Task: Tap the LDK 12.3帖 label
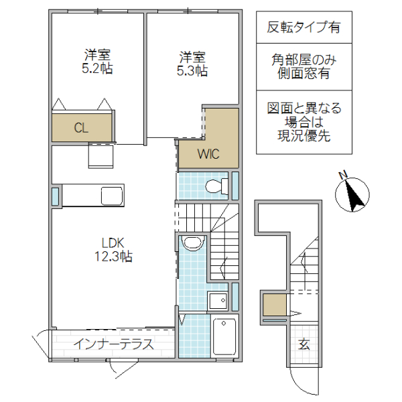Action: point(112,249)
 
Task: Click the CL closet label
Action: point(81,128)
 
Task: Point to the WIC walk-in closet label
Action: point(208,153)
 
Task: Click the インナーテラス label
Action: point(113,345)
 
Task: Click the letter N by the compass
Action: point(342,176)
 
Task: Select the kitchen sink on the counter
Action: point(111,196)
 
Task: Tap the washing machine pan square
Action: point(218,301)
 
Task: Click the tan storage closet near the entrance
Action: point(273,306)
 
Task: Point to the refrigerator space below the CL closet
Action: point(100,155)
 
